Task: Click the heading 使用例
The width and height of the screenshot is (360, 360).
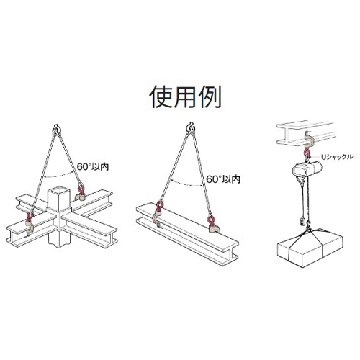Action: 185,97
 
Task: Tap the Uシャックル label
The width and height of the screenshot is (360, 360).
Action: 337,157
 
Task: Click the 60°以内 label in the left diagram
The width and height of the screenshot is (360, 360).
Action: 93,167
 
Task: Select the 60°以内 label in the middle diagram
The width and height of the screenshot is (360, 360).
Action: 223,179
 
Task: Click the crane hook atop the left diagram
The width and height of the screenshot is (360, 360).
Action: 57,129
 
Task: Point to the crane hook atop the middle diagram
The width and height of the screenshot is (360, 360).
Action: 191,127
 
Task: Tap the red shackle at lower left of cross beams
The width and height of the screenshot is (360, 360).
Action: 30,217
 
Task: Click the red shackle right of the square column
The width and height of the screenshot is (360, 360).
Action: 81,188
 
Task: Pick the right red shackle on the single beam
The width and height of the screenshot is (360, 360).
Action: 212,220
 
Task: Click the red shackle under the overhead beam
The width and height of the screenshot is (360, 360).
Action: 307,152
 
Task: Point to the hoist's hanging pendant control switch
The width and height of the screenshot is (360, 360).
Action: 301,222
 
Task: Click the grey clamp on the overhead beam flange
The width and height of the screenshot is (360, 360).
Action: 307,141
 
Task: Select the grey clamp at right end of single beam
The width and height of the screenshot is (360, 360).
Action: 213,228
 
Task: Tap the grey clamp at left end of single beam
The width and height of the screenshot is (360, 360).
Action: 158,217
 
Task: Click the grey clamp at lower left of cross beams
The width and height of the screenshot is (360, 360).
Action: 30,228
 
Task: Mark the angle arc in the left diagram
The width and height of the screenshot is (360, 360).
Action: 60,176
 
